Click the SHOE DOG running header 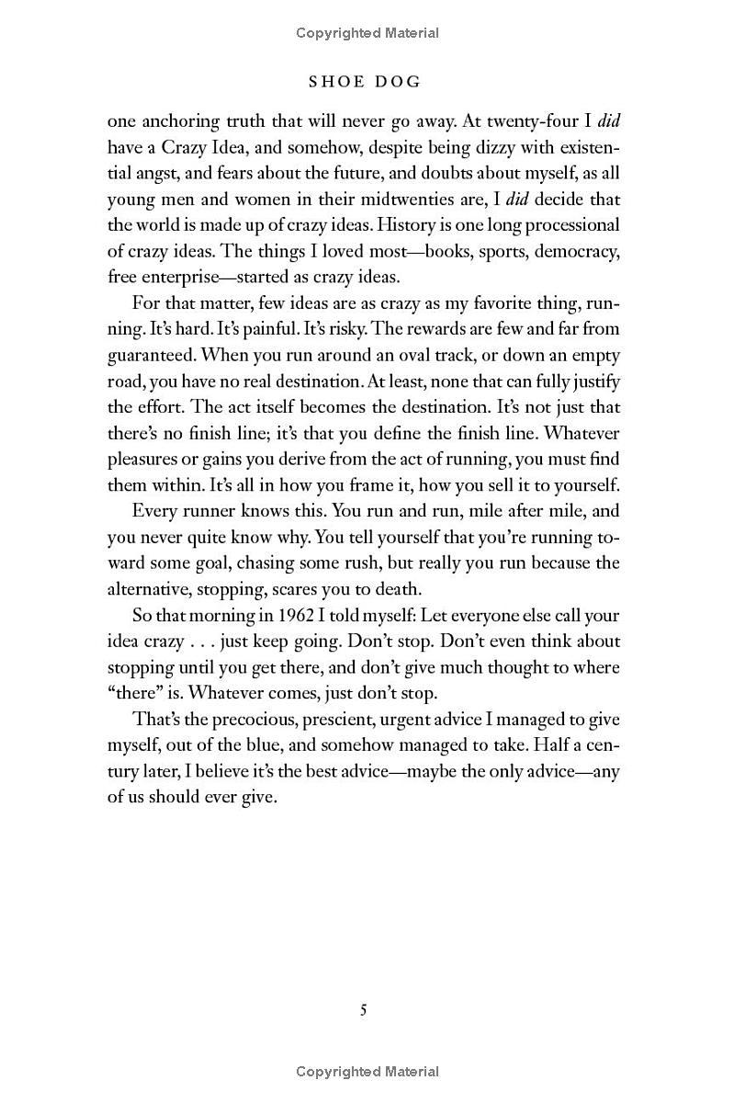pos(365,82)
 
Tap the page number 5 pos(364,1010)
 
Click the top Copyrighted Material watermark pos(367,33)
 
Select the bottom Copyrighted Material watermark pos(367,1071)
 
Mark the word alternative pos(153,588)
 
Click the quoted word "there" pos(134,693)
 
